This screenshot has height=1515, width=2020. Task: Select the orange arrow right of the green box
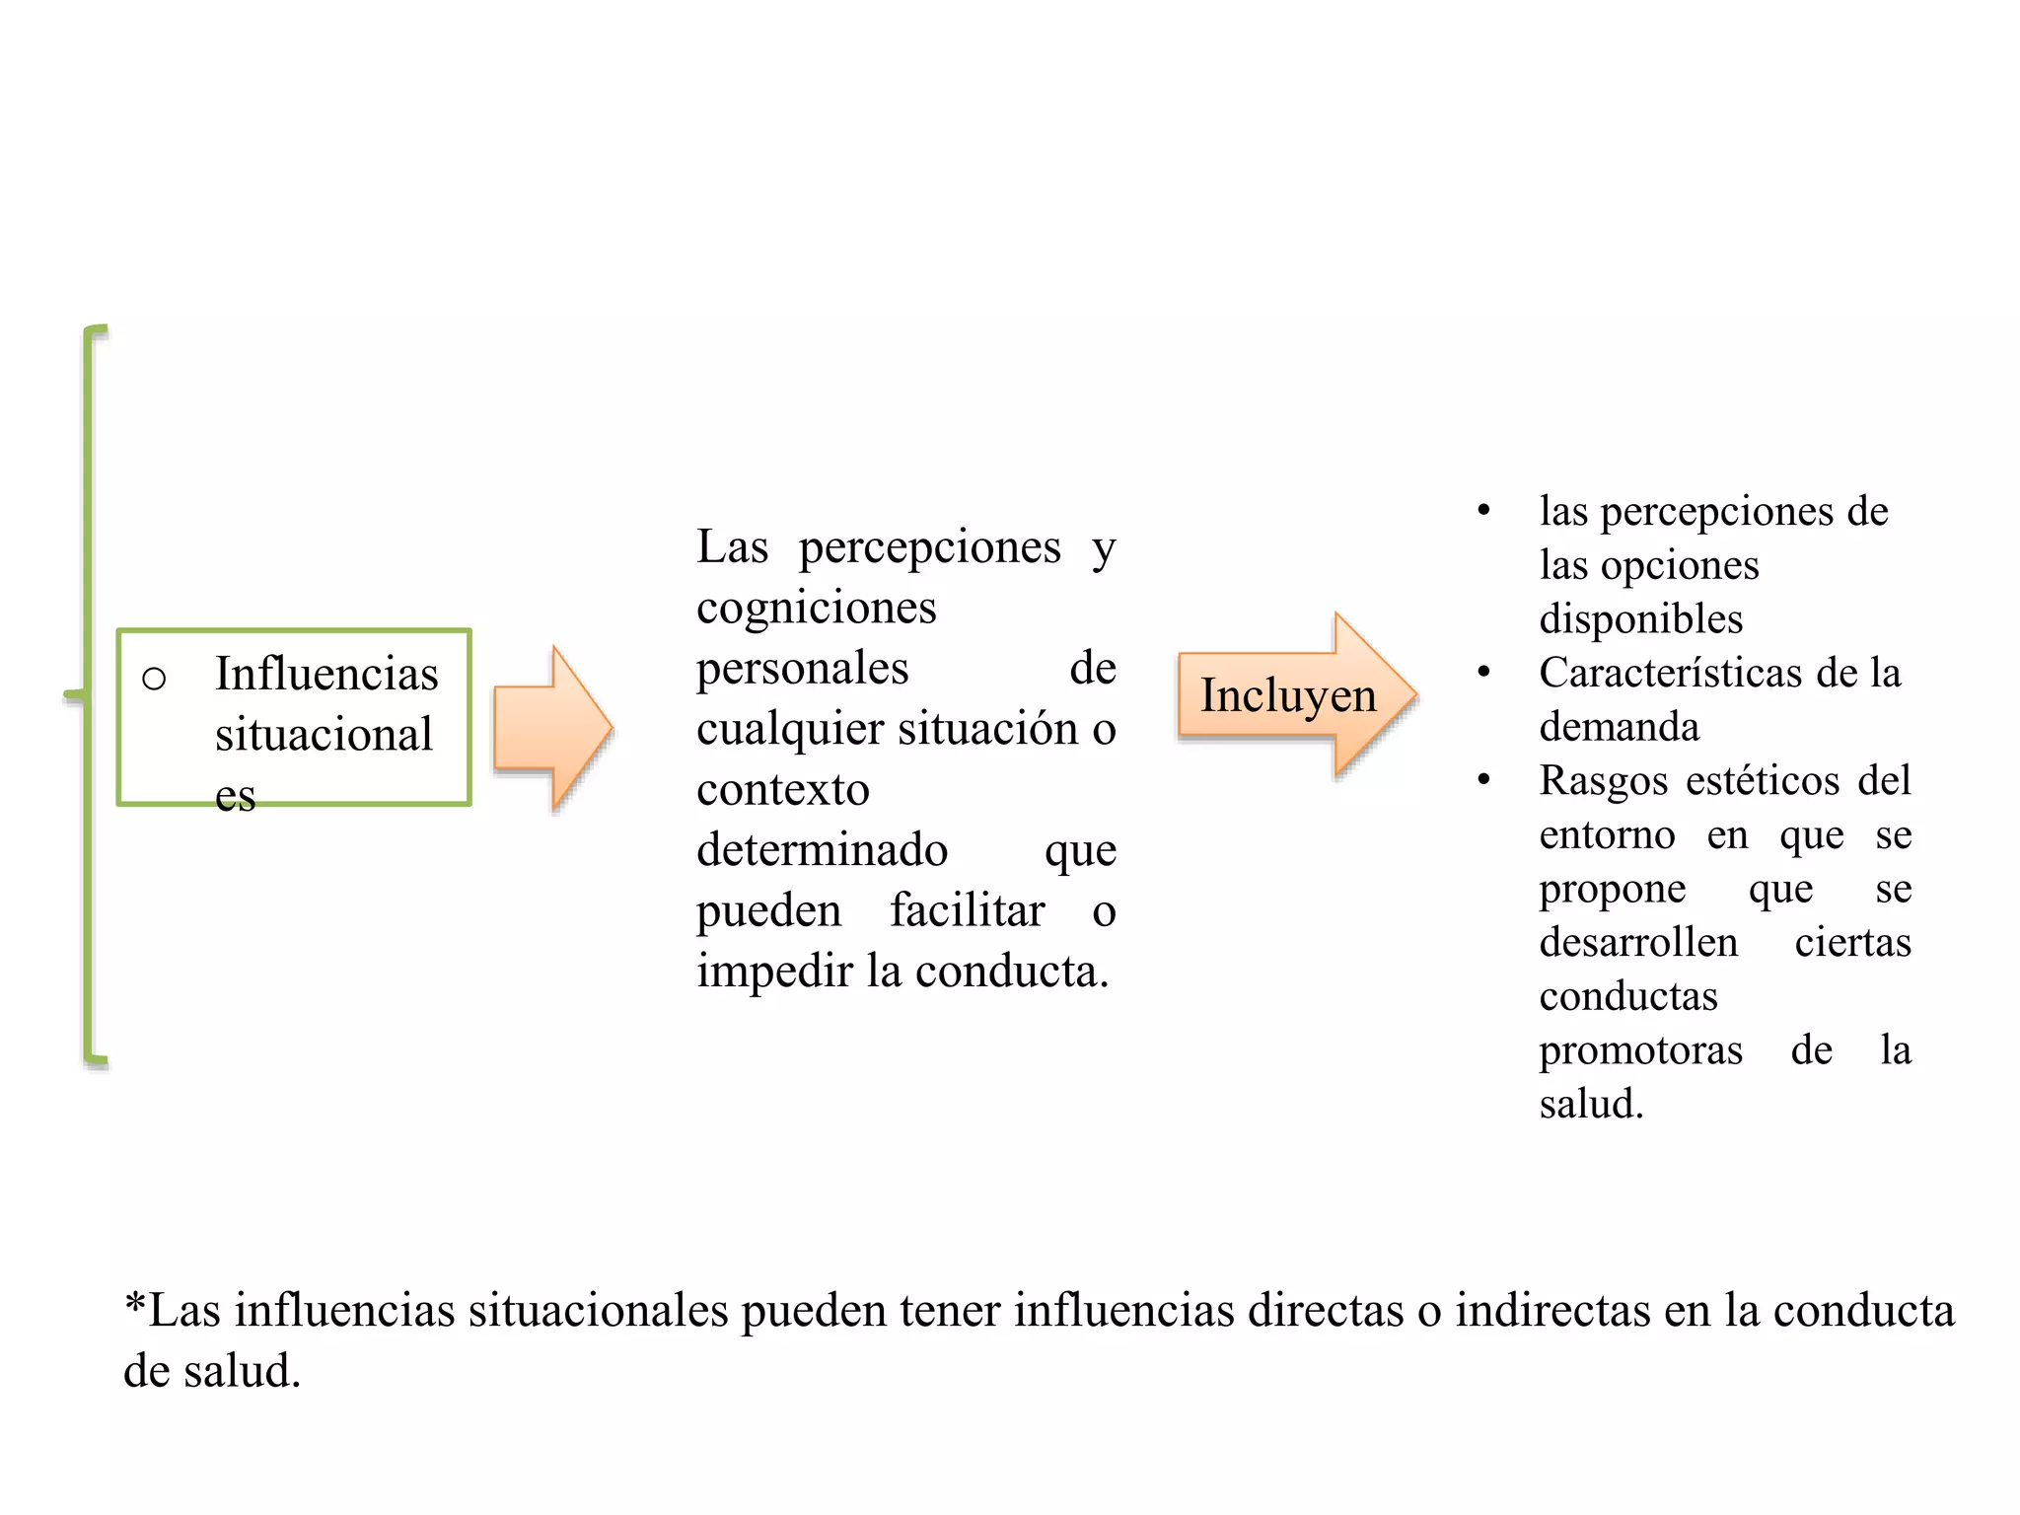pos(553,728)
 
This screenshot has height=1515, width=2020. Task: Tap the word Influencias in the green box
pos(326,674)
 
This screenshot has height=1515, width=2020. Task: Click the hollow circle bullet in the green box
pos(154,679)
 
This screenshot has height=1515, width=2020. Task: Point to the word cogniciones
pos(816,608)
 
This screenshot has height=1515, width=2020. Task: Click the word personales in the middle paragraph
pos(802,669)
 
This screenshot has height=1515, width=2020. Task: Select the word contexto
pos(783,790)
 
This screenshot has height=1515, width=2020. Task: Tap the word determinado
pos(822,849)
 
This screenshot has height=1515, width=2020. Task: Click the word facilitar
pos(967,909)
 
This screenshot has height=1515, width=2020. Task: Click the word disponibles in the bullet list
pos(1641,619)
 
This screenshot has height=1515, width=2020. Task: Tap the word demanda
pos(1620,727)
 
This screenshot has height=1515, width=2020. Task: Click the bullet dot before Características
pos(1483,672)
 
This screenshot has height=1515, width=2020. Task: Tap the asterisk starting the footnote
pos(135,1304)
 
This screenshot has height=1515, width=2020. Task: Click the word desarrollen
pos(1638,943)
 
